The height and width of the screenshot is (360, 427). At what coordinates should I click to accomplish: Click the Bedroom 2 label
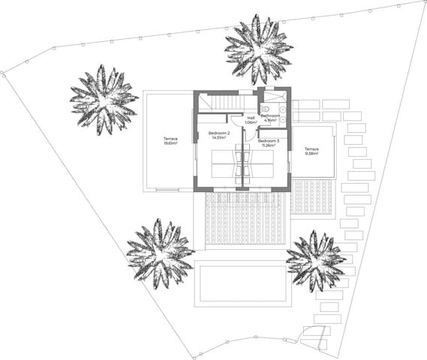pos(219,133)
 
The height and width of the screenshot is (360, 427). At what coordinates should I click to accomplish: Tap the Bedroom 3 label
pos(268,140)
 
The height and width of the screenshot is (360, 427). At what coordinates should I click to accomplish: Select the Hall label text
pos(251,118)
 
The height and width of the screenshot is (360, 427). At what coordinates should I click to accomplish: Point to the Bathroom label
pos(270,115)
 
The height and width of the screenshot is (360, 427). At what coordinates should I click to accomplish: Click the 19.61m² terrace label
pos(170,140)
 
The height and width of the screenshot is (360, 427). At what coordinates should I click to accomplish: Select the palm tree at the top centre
pos(257,49)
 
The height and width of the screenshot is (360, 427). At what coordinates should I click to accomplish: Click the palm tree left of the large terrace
pos(103,99)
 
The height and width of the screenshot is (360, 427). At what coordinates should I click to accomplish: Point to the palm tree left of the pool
pos(160,253)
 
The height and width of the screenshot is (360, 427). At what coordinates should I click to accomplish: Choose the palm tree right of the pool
pos(316,260)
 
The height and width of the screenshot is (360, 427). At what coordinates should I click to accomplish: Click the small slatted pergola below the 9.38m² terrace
pos(312,196)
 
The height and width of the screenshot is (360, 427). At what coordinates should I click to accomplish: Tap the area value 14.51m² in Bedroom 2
pos(219,138)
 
